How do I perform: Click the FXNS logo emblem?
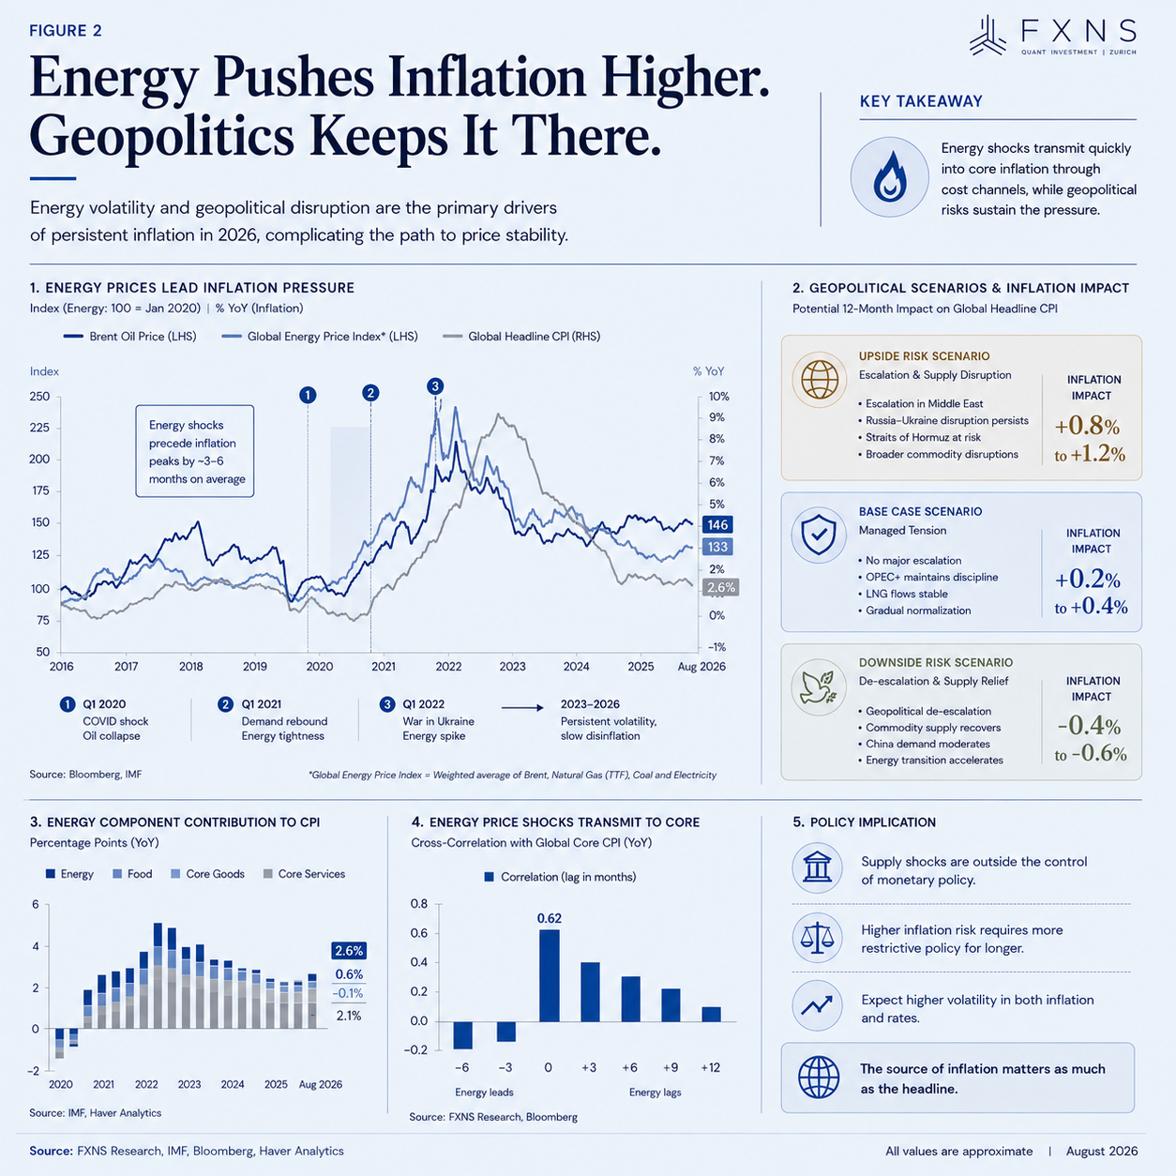pos(988,36)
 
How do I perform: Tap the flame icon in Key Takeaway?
pos(890,176)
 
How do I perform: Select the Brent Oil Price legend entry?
pos(130,337)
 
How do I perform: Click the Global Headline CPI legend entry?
pos(521,337)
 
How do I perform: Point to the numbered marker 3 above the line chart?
pos(435,385)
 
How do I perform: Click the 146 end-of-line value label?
pos(717,524)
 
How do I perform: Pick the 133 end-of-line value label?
pos(717,546)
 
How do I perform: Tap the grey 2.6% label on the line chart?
pos(721,587)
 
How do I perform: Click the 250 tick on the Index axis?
pos(39,396)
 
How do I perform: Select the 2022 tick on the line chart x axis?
pos(448,667)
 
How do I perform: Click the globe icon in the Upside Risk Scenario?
pos(820,380)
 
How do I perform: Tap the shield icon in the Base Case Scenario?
pos(819,534)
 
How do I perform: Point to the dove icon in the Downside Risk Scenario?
pos(819,687)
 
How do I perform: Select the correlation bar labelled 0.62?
pos(549,975)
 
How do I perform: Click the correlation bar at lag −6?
pos(462,1035)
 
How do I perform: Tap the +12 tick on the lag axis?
pos(710,1067)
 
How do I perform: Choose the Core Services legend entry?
pos(304,874)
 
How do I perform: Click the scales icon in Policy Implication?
pos(817,938)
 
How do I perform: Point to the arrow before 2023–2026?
pos(522,707)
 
